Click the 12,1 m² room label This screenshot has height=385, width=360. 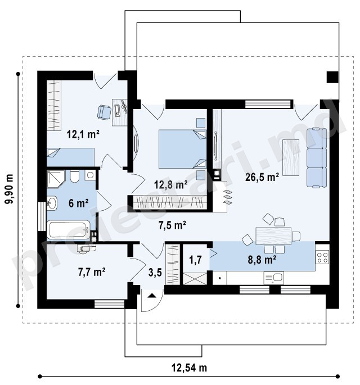click(x=83, y=134)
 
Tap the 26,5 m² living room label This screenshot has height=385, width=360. click(x=262, y=177)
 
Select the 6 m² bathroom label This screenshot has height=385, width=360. click(x=78, y=203)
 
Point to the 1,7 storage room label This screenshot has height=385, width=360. click(x=195, y=260)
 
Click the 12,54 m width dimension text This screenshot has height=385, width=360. click(x=189, y=368)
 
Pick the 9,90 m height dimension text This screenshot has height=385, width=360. click(x=10, y=189)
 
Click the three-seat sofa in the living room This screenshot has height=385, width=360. click(x=317, y=157)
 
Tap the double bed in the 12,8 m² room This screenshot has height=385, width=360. click(x=182, y=149)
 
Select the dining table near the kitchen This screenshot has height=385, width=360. click(x=273, y=236)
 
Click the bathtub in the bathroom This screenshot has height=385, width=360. click(x=68, y=229)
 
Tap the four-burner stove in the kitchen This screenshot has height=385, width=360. click(x=322, y=257)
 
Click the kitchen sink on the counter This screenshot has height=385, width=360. click(x=274, y=278)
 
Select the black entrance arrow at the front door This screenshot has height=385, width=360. click(x=152, y=296)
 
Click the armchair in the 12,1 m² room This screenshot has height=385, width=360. click(x=104, y=112)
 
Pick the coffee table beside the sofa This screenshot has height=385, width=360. click(x=291, y=157)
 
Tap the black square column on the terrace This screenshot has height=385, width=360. click(x=332, y=77)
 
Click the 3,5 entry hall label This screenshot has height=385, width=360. click(x=155, y=272)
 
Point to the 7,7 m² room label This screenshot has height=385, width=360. click(x=92, y=272)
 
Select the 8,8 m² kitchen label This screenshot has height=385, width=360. click(x=262, y=260)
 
